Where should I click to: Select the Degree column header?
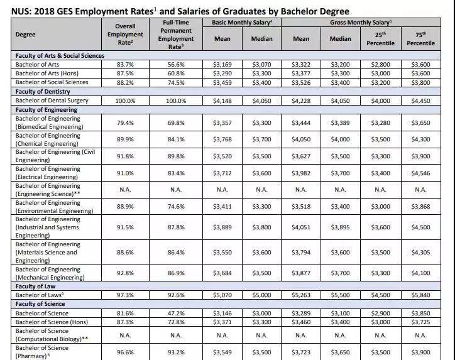pyautogui.click(x=26, y=35)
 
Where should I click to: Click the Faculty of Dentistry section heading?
pyautogui.click(x=44, y=91)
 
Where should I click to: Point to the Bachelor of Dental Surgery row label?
pyautogui.click(x=52, y=101)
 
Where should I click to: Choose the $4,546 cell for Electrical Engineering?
pyautogui.click(x=420, y=173)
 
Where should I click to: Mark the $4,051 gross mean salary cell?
pyautogui.click(x=301, y=228)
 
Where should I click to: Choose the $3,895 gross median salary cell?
pyautogui.click(x=340, y=228)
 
